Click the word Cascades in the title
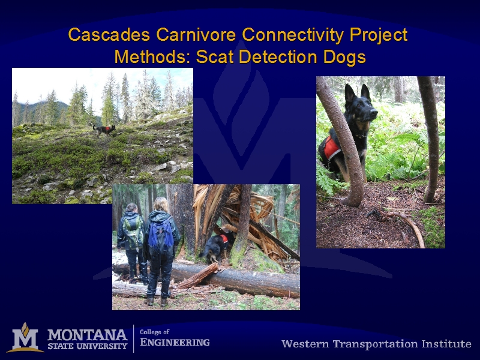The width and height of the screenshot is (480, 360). (109, 34)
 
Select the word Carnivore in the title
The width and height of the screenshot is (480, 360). (196, 34)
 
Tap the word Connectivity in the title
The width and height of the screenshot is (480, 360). (293, 34)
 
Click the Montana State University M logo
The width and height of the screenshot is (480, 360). (25, 338)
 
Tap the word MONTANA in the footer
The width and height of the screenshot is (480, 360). (87, 335)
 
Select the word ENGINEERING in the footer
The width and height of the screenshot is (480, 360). (175, 342)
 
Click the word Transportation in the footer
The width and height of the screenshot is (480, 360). (376, 344)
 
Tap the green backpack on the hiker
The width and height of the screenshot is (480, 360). (133, 231)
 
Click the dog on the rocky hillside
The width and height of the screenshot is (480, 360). (104, 130)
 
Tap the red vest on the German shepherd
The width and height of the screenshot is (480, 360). (331, 148)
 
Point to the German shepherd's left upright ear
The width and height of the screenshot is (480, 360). (350, 93)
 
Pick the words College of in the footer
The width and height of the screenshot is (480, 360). (155, 332)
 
